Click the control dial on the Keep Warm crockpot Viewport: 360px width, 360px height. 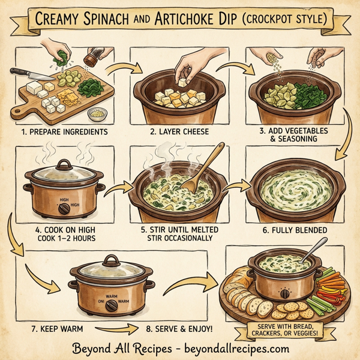tap(111, 304)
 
